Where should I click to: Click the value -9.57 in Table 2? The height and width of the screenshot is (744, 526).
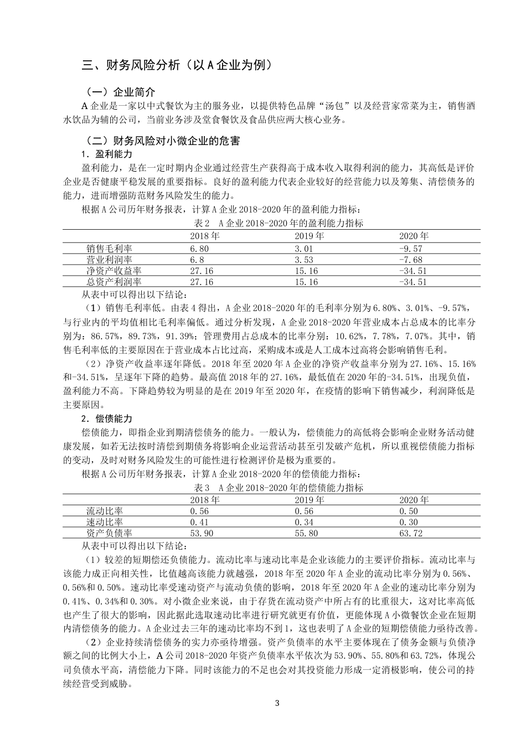pos(410,249)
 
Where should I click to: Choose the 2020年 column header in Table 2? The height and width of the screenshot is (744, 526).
pos(414,236)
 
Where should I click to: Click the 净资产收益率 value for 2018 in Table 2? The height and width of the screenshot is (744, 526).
pos(201,271)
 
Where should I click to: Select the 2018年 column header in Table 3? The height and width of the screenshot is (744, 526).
pos(204,500)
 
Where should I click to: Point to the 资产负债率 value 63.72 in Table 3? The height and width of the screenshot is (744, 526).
pos(410,533)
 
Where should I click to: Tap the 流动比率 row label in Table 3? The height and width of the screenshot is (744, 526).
pos(105,511)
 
